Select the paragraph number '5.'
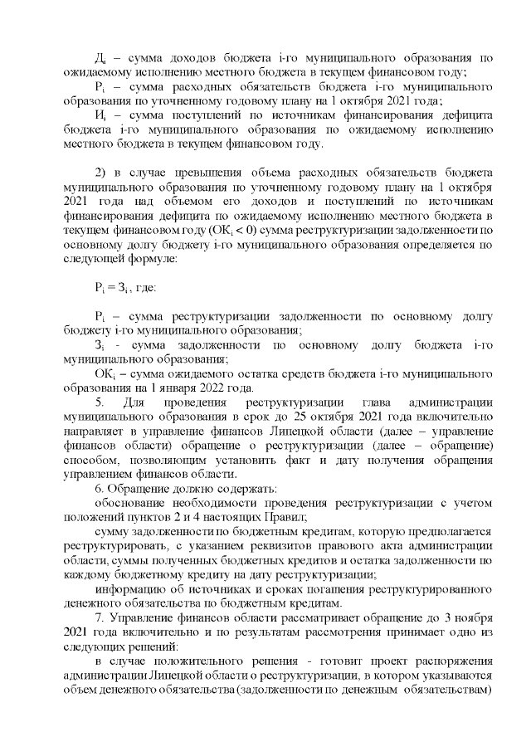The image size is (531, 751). click(100, 403)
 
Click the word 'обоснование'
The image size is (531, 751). click(132, 504)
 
